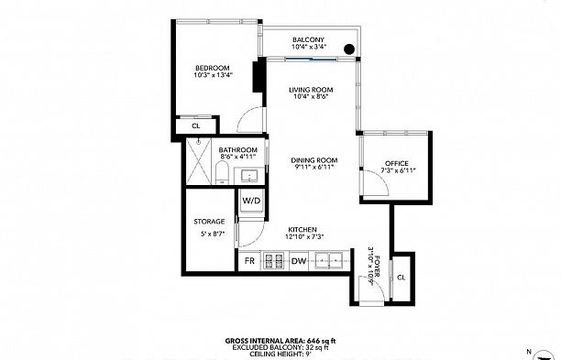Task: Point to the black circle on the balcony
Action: coord(349,49)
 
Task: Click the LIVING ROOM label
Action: coord(310,89)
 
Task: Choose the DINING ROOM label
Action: coord(310,159)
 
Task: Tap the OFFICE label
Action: coord(396,163)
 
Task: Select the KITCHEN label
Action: coord(302,229)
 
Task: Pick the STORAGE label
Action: coord(209,221)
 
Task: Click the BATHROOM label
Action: coord(237,149)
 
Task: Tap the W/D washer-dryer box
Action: coord(251,201)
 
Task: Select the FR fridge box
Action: coord(248,261)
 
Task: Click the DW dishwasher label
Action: coord(298,261)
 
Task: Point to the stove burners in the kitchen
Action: coord(273,261)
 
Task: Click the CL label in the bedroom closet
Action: coord(195,125)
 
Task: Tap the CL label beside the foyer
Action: coord(401,277)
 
